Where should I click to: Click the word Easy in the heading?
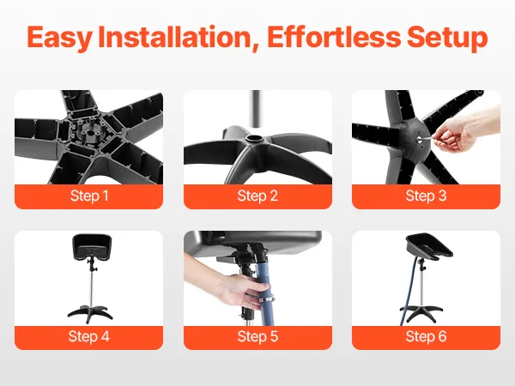(x=59, y=38)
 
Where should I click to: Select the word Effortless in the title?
(x=334, y=36)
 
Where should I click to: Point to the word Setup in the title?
(x=447, y=38)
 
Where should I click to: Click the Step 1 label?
(x=89, y=196)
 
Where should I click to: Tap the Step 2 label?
(x=257, y=196)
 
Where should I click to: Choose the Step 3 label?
(x=426, y=196)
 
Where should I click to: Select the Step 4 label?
(x=89, y=336)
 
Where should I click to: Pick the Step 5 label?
(x=257, y=336)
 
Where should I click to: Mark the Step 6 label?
(x=426, y=336)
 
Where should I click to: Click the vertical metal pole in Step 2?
(x=256, y=109)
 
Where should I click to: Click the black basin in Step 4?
(x=92, y=247)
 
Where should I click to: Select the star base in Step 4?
(x=90, y=313)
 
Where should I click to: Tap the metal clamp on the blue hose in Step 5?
(x=267, y=299)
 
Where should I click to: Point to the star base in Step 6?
(x=421, y=312)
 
